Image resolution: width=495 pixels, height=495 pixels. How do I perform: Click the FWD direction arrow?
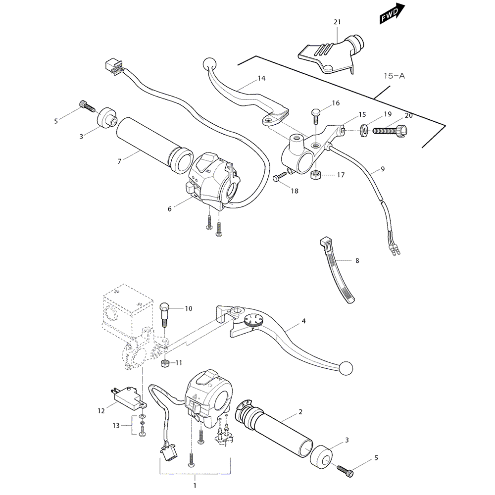(393, 14)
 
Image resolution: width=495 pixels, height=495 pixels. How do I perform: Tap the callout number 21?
(337, 22)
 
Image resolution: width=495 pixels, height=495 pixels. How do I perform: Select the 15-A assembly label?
(394, 76)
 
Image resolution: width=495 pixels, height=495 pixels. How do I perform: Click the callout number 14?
(261, 79)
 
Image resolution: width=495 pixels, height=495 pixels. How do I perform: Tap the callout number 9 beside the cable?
(382, 169)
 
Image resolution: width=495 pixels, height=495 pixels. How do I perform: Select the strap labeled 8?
(336, 270)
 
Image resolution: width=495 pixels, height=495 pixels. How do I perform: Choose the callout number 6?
(169, 209)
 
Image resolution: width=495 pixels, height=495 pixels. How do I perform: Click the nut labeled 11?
(166, 364)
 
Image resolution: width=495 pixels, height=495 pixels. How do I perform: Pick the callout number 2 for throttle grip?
(300, 412)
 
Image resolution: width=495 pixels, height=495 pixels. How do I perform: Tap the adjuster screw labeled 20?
(389, 131)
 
